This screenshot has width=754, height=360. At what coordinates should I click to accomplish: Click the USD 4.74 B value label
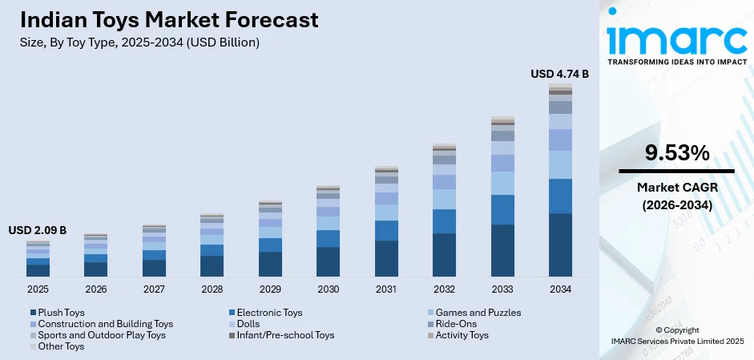pos(559,74)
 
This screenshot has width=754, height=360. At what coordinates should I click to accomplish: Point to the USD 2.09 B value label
pos(38,230)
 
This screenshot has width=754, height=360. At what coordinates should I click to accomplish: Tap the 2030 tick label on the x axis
pos(328,289)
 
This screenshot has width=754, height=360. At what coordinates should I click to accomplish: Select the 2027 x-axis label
pos(154,289)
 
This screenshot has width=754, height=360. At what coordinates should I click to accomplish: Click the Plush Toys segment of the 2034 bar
pos(560,245)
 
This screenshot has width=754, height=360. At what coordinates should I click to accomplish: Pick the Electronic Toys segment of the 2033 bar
pos(502,209)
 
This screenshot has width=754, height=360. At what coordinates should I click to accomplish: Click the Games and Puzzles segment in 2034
pos(560,164)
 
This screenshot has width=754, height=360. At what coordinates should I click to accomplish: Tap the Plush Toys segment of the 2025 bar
pos(38,270)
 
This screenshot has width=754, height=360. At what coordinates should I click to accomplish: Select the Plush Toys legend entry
pos(61,313)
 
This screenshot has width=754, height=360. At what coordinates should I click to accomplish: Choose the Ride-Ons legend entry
pos(457,324)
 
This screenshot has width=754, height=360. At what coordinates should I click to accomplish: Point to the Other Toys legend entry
pos(60,346)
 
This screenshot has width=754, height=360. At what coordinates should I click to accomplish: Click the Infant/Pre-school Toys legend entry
pos(286,335)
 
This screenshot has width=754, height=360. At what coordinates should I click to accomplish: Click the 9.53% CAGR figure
pos(676,152)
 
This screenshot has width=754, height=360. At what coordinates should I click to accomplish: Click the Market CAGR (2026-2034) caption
pos(676,196)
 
